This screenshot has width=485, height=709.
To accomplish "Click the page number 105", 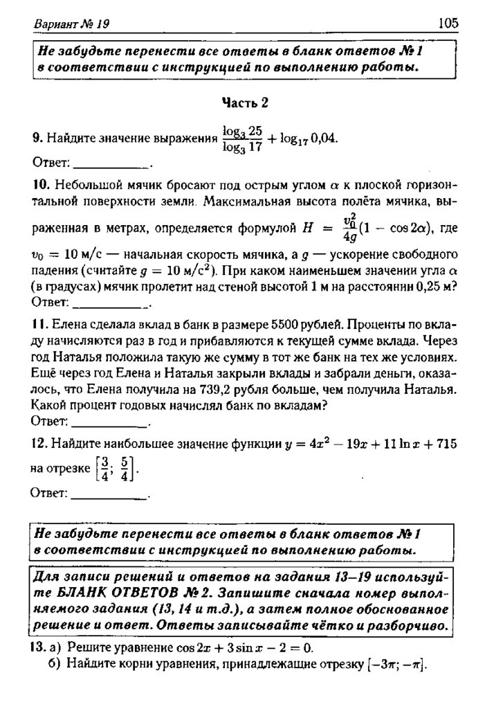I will pyautogui.click(x=448, y=24).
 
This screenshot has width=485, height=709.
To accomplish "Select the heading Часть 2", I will pyautogui.click(x=244, y=103).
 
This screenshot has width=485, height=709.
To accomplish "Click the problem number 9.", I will pyautogui.click(x=36, y=138).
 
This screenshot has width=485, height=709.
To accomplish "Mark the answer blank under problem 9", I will pyautogui.click(x=111, y=165).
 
